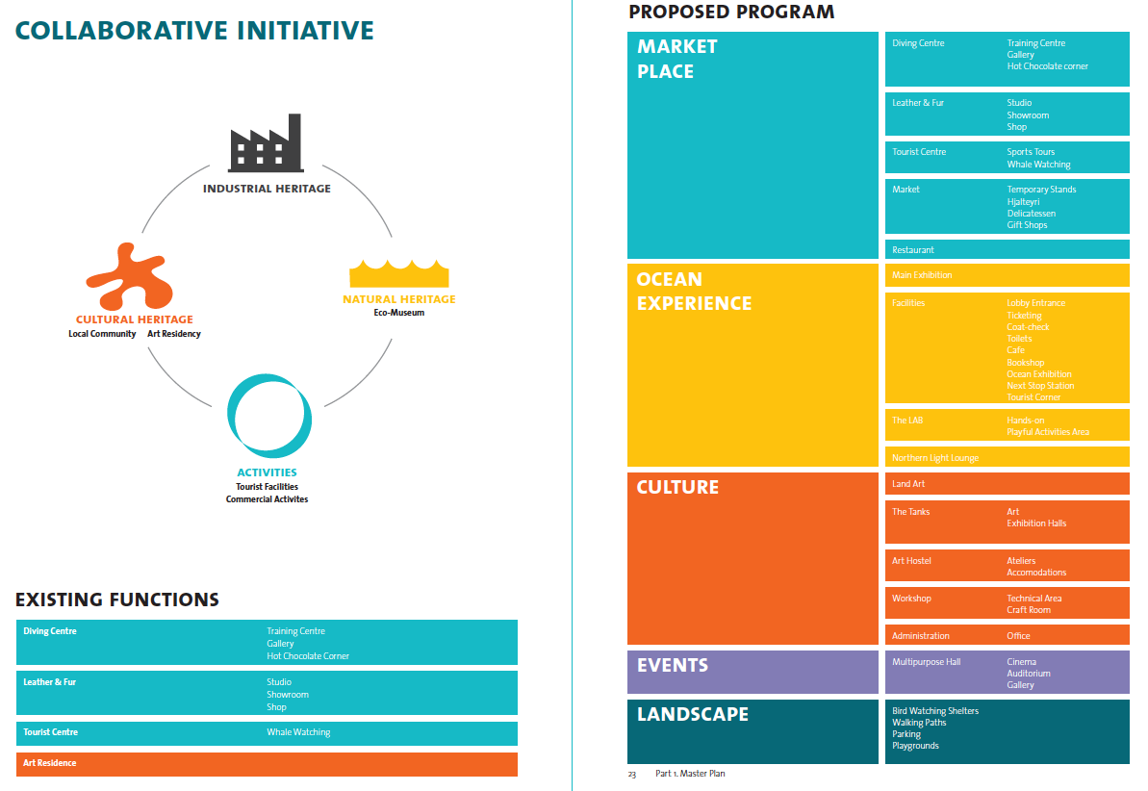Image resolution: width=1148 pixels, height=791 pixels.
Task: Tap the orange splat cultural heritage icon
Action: [x=128, y=275]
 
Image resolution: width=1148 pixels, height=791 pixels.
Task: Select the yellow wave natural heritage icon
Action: [x=399, y=273]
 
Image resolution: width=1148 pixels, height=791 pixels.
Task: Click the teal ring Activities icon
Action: [x=269, y=416]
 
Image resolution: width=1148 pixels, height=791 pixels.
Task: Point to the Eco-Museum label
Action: [x=399, y=313]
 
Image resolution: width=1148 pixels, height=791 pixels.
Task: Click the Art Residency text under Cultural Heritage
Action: [x=174, y=334]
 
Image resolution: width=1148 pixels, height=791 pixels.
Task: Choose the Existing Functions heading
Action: [x=117, y=600]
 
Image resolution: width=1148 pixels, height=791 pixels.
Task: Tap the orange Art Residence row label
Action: [x=50, y=763]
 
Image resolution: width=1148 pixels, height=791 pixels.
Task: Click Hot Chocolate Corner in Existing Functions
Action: [x=308, y=656]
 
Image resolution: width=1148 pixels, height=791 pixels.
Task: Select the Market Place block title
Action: [x=677, y=59]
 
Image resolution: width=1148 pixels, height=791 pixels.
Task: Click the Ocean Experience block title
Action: [x=693, y=292]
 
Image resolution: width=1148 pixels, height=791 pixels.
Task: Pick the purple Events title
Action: [x=672, y=665]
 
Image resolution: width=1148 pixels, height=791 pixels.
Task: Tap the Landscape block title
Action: [x=692, y=714]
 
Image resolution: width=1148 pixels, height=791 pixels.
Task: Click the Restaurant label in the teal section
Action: [x=913, y=250]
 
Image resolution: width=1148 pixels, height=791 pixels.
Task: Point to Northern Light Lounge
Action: [x=935, y=458]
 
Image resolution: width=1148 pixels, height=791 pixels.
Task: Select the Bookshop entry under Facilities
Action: [x=1026, y=363]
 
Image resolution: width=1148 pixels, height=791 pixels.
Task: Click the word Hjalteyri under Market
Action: [x=1023, y=202]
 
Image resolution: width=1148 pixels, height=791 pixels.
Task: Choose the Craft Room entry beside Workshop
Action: [x=1029, y=610]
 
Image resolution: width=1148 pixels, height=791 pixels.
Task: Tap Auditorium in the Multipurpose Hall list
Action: [x=1029, y=674]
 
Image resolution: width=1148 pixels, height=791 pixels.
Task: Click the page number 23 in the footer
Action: [x=632, y=774]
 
